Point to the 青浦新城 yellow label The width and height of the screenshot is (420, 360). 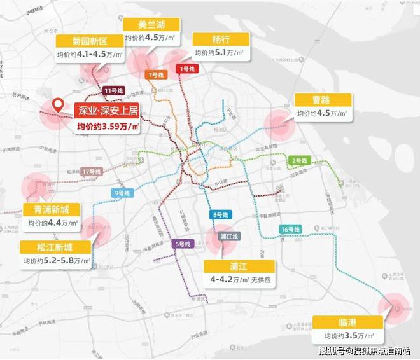49,209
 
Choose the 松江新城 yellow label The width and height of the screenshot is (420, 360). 49,247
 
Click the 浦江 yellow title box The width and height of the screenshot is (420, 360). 239,266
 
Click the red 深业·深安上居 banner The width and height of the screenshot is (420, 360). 106,111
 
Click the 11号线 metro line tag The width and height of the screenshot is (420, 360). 113,91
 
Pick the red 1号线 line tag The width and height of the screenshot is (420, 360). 187,68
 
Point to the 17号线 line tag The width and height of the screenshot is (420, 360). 92,172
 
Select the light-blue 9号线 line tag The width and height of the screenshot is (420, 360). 121,193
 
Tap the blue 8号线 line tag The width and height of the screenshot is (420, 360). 220,214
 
